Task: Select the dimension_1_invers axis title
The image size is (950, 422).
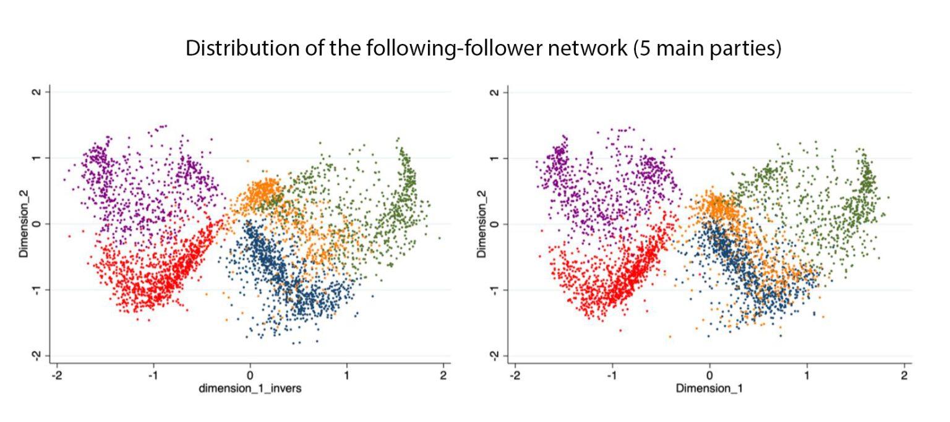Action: tap(250, 389)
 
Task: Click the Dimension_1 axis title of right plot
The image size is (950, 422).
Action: tap(709, 389)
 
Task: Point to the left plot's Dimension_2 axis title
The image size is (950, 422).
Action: tap(24, 223)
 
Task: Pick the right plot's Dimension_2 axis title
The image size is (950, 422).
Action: tap(482, 223)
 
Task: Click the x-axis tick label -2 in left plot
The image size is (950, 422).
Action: tap(56, 376)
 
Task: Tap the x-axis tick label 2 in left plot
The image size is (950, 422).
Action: tap(443, 376)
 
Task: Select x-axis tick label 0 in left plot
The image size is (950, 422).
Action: tap(250, 376)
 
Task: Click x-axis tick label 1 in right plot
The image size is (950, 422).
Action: tap(807, 376)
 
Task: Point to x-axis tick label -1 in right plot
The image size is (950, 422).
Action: tap(611, 376)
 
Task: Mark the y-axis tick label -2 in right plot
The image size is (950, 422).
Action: tap(495, 355)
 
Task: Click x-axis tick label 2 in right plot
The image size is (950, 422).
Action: tap(904, 376)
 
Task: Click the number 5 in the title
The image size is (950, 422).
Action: tap(640, 49)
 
